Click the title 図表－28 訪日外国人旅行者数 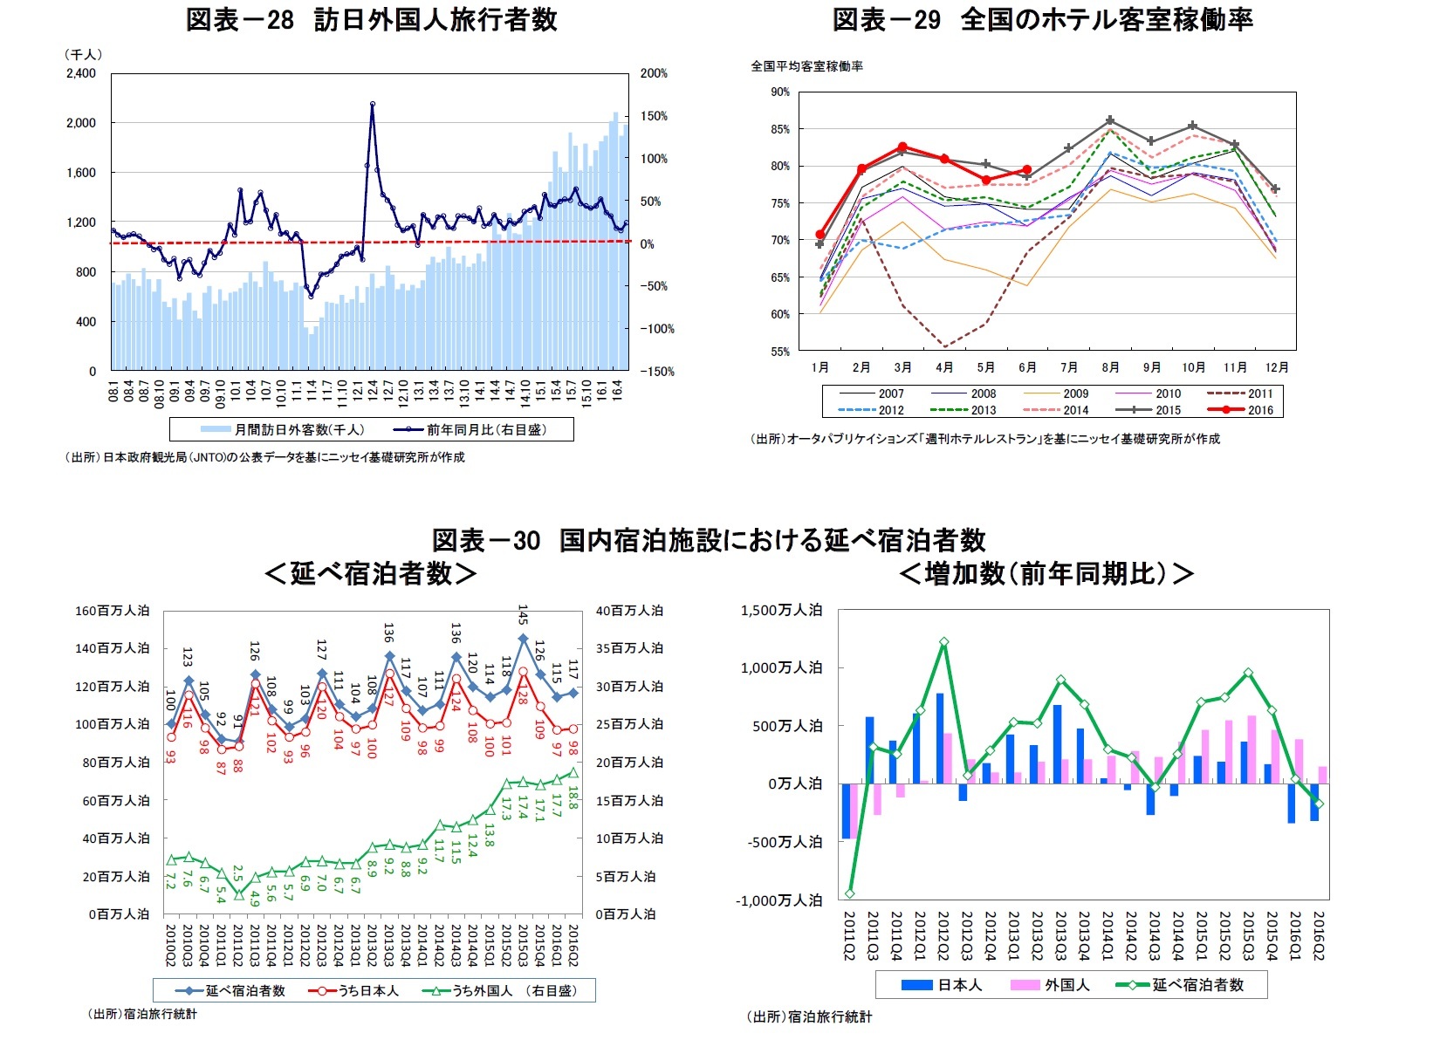(371, 19)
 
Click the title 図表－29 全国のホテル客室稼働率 (1042, 19)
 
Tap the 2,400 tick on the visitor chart (81, 73)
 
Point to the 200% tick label (654, 73)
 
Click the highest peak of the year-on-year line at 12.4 (373, 104)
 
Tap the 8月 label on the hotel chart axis (1110, 367)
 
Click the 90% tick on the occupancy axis (779, 92)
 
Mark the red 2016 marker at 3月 (902, 147)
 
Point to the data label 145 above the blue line (523, 614)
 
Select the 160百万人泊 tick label (112, 611)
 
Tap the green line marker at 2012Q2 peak (943, 642)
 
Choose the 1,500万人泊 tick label (781, 610)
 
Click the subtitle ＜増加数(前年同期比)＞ (1046, 573)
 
